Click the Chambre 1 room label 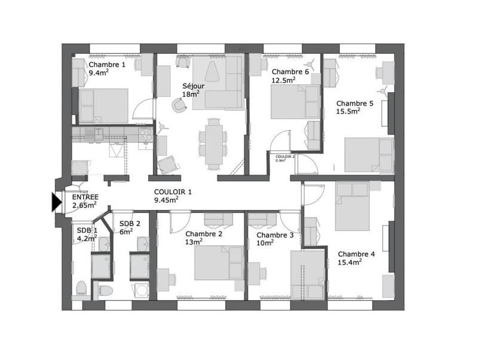(108, 65)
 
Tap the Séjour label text (193, 86)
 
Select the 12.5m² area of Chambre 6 (284, 80)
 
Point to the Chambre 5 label (354, 103)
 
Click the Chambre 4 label (357, 254)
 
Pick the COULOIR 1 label (173, 192)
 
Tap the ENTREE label (85, 197)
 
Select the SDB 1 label (84, 230)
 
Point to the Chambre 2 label (204, 234)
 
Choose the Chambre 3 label (275, 235)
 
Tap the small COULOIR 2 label (285, 156)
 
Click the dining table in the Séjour (213, 142)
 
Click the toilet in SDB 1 (82, 289)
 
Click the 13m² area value (193, 242)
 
